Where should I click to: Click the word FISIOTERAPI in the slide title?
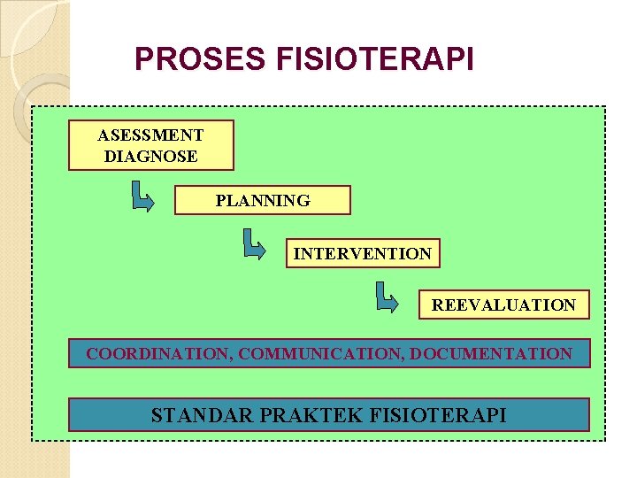point(375,59)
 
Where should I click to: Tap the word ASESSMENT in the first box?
point(150,135)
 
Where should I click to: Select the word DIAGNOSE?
point(150,157)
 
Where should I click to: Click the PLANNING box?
point(263,200)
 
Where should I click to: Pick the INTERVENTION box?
point(363,254)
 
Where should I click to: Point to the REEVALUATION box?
point(503,305)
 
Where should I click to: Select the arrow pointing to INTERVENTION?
point(254,244)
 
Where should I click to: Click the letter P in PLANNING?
point(220,201)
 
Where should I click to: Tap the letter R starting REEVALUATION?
point(437,305)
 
